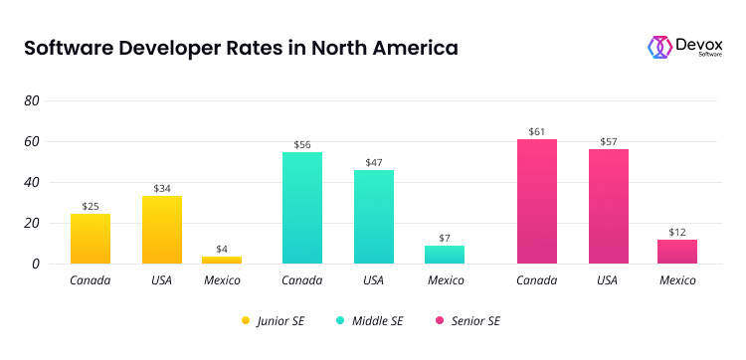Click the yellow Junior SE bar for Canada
(90, 239)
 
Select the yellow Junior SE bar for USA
(161, 230)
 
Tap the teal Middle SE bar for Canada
(301, 208)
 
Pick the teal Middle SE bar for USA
(373, 217)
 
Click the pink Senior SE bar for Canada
(536, 202)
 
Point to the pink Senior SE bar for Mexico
(677, 252)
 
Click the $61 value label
(536, 131)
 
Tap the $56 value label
(301, 144)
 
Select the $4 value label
(222, 249)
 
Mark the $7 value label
(445, 238)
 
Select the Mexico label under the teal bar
(445, 280)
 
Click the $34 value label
(161, 188)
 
